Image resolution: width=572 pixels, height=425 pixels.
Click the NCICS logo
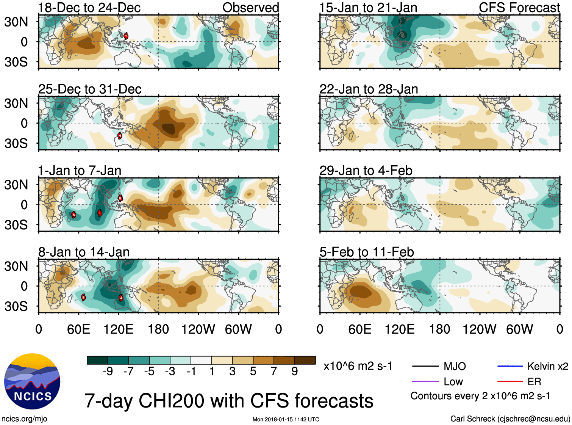[x=32, y=381]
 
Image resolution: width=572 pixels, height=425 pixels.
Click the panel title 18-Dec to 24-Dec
[x=89, y=8]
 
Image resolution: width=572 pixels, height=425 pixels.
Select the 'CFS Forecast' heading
[x=519, y=8]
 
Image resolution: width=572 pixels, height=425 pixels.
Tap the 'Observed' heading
[x=250, y=8]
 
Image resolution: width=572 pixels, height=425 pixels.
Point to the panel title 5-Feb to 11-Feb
[x=367, y=252]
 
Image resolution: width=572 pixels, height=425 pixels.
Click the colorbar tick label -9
[x=108, y=372]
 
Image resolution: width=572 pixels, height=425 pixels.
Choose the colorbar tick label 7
[x=274, y=372]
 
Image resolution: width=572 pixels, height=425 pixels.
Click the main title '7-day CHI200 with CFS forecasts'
[x=229, y=401]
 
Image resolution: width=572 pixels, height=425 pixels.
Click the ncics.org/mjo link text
[x=24, y=419]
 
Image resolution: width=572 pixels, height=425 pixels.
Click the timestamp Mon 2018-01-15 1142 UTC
[x=286, y=419]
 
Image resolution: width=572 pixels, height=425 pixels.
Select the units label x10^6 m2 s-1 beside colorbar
[x=358, y=366]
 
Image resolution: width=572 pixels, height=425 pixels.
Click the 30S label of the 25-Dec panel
[x=16, y=143]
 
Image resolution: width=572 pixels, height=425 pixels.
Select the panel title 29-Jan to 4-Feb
[x=366, y=171]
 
